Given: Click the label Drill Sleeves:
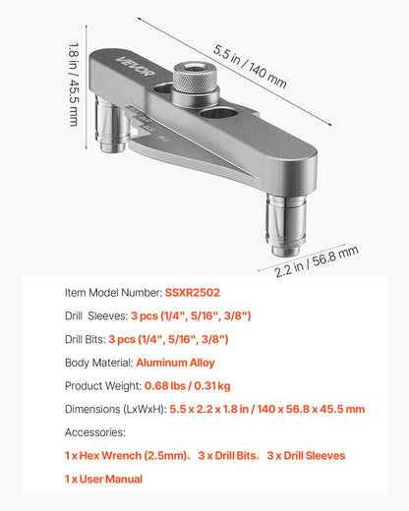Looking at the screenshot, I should coord(95,315).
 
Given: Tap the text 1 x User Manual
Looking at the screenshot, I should coord(103,479).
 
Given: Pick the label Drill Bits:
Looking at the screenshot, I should coord(85,339).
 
